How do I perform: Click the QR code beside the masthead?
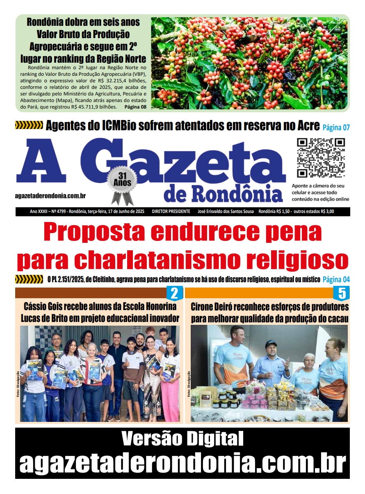(x=321, y=158)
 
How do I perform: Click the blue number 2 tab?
(x=174, y=293)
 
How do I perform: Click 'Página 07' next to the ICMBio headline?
(x=336, y=127)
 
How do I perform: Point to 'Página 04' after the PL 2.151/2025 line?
(x=336, y=280)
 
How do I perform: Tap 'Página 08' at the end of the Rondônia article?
(x=135, y=107)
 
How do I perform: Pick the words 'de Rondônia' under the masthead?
(x=223, y=194)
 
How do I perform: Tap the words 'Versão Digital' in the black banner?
(x=182, y=439)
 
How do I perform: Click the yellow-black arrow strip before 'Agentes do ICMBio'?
(x=29, y=125)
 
